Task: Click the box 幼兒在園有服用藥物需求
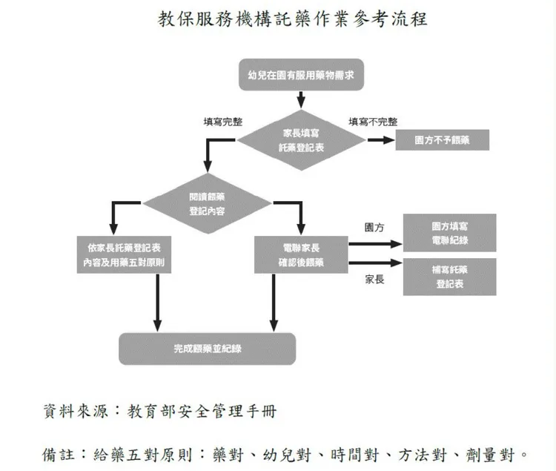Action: [x=300, y=75]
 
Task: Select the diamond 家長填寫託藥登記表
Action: [x=301, y=139]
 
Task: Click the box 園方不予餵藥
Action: [x=442, y=139]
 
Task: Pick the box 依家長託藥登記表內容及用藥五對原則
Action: [x=125, y=254]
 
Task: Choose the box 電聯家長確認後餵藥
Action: [x=301, y=254]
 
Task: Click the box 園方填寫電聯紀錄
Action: [x=449, y=233]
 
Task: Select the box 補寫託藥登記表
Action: [x=449, y=276]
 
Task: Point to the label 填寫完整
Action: [x=222, y=122]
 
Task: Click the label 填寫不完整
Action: [x=373, y=122]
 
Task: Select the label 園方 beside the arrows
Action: [x=374, y=227]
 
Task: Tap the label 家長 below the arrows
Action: [x=374, y=280]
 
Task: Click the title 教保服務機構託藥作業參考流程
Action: [x=293, y=19]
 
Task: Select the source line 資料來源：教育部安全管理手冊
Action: [x=160, y=410]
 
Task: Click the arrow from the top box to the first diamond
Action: [x=300, y=99]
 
